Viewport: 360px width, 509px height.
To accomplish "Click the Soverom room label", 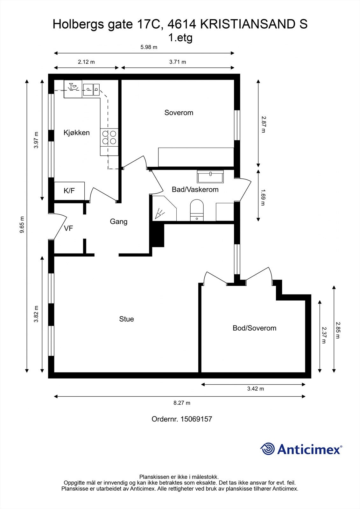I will pyautogui.click(x=179, y=113).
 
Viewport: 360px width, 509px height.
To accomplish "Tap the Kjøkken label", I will pyautogui.click(x=76, y=133).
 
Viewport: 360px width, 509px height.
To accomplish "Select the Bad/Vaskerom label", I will pyautogui.click(x=195, y=190).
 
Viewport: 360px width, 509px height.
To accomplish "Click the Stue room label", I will pyautogui.click(x=126, y=319).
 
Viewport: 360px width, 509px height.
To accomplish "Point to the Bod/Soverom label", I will pyautogui.click(x=254, y=328).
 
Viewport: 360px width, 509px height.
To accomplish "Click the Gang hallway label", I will pyautogui.click(x=118, y=221).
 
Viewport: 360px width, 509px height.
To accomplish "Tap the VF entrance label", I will pyautogui.click(x=68, y=228).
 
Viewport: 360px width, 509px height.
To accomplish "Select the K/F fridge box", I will pyautogui.click(x=69, y=191).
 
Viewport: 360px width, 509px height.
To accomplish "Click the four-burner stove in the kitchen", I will pyautogui.click(x=109, y=137).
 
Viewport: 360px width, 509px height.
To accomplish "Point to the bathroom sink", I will pyautogui.click(x=210, y=176).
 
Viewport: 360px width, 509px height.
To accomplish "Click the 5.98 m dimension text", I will pyautogui.click(x=149, y=47).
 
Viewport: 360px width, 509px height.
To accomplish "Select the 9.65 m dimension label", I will pyautogui.click(x=22, y=225).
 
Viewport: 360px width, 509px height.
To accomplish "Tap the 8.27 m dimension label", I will pyautogui.click(x=182, y=403).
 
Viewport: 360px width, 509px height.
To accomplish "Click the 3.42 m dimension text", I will pyautogui.click(x=256, y=388).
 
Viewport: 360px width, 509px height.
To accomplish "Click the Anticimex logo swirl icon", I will pyautogui.click(x=267, y=449).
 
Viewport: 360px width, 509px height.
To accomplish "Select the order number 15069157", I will pyautogui.click(x=196, y=419).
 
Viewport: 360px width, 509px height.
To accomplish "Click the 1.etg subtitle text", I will pyautogui.click(x=180, y=38).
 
